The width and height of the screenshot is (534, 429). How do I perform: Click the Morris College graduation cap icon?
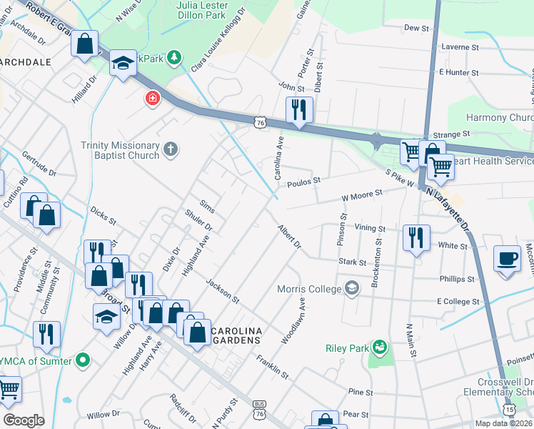(351, 289)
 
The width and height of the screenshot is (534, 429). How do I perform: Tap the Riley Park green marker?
(378, 348)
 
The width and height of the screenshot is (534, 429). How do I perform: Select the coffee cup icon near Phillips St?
(508, 259)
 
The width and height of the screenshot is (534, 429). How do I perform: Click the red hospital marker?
(151, 99)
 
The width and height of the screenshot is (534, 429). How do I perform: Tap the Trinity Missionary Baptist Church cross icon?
(169, 149)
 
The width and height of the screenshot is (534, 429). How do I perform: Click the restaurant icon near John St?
(299, 110)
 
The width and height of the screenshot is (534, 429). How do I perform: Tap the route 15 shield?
(508, 410)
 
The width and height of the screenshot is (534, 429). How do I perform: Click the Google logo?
(24, 420)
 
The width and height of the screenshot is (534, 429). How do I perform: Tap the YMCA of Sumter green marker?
(83, 360)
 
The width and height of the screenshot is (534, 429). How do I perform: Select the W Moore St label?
(362, 193)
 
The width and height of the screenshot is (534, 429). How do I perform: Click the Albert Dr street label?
(289, 237)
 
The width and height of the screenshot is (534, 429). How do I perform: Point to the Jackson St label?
(222, 289)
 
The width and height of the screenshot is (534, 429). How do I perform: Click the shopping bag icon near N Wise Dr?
(85, 44)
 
